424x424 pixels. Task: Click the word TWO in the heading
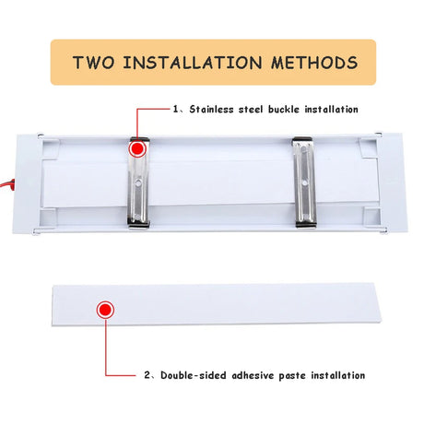click(x=94, y=63)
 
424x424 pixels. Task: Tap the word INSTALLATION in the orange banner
click(x=193, y=63)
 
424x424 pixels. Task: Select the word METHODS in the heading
click(x=314, y=63)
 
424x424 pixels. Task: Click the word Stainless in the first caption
click(x=211, y=109)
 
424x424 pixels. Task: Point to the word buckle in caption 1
click(x=284, y=109)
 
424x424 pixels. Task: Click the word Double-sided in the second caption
click(x=194, y=375)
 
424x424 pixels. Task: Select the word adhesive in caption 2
click(x=253, y=375)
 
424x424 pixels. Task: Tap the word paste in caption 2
click(x=292, y=376)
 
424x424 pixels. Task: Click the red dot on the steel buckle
click(x=137, y=148)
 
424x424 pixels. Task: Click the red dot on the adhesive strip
click(x=105, y=310)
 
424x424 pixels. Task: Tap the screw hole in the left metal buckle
click(x=138, y=183)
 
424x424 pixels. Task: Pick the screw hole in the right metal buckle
click(x=304, y=183)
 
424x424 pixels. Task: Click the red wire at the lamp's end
click(x=6, y=185)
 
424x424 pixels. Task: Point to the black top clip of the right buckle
click(x=302, y=139)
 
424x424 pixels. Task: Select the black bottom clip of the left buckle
click(x=139, y=226)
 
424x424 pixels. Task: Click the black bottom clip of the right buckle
click(x=306, y=225)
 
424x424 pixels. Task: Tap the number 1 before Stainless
click(x=175, y=109)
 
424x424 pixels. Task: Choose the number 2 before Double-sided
click(x=147, y=375)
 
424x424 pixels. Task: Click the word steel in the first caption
click(x=251, y=109)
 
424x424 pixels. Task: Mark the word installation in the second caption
click(x=338, y=375)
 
